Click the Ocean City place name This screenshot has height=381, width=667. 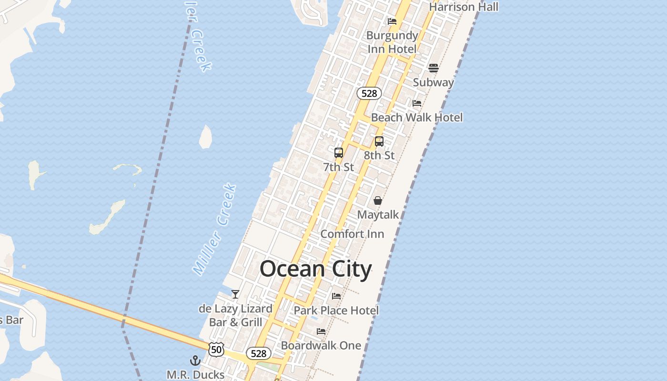tap(315, 269)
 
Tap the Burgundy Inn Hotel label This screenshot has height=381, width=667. tap(392, 42)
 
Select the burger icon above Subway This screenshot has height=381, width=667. tap(433, 68)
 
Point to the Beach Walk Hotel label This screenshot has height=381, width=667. tap(417, 117)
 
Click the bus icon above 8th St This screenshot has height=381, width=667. tap(379, 141)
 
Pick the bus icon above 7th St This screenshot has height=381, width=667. tap(339, 153)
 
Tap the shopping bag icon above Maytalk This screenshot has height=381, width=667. tap(378, 201)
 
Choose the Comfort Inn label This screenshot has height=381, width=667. tap(352, 234)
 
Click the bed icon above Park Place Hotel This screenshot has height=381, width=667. tap(336, 296)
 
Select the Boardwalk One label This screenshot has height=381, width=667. tap(321, 345)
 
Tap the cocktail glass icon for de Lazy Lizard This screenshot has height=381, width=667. tap(235, 294)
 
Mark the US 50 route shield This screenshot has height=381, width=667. tap(216, 350)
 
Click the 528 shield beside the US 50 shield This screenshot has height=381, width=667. tap(258, 353)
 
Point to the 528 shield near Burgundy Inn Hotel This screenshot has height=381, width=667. tap(369, 93)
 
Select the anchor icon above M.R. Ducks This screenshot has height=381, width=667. tap(195, 360)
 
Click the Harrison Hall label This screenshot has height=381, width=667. tap(464, 7)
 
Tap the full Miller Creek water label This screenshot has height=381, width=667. tap(215, 229)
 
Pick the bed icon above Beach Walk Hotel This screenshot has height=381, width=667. tap(417, 103)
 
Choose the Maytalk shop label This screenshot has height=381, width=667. tap(378, 215)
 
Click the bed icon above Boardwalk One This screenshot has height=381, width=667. tap(321, 331)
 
